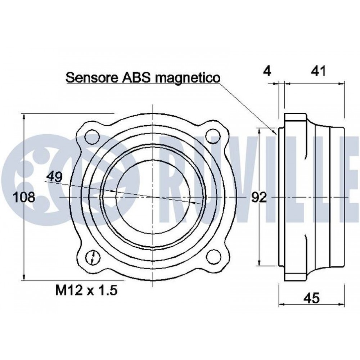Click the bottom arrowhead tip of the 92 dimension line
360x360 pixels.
[260, 266]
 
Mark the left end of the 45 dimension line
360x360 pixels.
[279, 305]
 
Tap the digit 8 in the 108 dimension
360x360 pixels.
[30, 197]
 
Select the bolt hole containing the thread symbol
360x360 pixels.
[93, 257]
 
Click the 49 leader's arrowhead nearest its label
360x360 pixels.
[113, 191]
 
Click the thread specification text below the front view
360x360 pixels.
[86, 290]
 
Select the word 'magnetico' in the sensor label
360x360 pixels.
[188, 78]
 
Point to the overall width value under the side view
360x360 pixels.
[312, 298]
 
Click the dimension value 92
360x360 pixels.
[259, 197]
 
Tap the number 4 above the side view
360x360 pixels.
[267, 71]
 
